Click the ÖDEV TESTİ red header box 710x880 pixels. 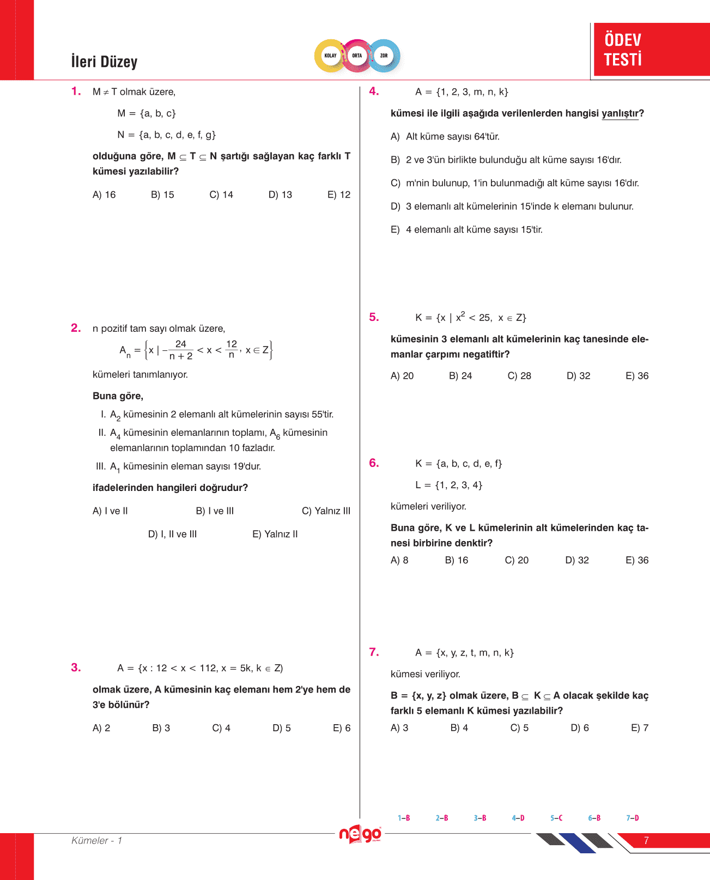pyautogui.click(x=651, y=49)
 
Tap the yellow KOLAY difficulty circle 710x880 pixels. pyautogui.click(x=330, y=56)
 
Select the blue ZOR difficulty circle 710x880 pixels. pyautogui.click(x=384, y=56)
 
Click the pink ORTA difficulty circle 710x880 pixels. pyautogui.click(x=357, y=56)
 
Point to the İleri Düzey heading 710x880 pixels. pyautogui.click(x=104, y=62)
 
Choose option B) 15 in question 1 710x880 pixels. pyautogui.click(x=162, y=195)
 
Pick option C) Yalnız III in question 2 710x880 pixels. pyautogui.click(x=326, y=511)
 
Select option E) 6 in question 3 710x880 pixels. pyautogui.click(x=342, y=728)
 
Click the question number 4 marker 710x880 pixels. pyautogui.click(x=374, y=92)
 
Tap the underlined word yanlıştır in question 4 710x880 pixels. pyautogui.click(x=620, y=113)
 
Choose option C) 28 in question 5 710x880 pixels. pyautogui.click(x=519, y=376)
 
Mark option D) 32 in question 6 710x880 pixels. pyautogui.click(x=577, y=560)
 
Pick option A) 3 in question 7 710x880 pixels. pyautogui.click(x=399, y=728)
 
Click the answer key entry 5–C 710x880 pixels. pyautogui.click(x=556, y=818)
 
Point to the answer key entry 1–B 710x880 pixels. pyautogui.click(x=404, y=818)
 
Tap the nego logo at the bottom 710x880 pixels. pyautogui.click(x=360, y=834)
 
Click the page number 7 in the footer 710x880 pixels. pyautogui.click(x=646, y=841)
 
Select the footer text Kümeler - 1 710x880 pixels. pyautogui.click(x=97, y=841)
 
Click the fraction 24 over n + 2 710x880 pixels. pyautogui.click(x=180, y=350)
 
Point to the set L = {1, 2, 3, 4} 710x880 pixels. pyautogui.click(x=448, y=485)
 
